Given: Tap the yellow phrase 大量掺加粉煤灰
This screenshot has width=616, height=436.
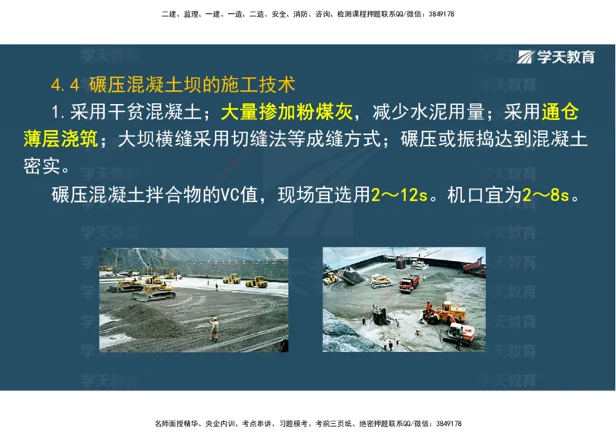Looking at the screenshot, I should [x=286, y=112].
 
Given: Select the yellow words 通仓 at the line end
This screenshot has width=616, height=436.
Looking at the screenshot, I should [x=559, y=112].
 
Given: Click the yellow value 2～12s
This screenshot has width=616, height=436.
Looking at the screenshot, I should [x=398, y=195].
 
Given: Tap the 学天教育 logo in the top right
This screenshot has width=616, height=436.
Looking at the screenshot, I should [x=556, y=57].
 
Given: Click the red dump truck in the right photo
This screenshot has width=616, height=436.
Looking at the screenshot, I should [x=409, y=283].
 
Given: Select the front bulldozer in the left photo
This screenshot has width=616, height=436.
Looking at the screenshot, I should [x=154, y=291].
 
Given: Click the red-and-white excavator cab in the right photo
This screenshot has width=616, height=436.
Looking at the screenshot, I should [x=460, y=333].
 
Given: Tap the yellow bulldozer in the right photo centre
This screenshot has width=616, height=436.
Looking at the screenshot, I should [x=381, y=280].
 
